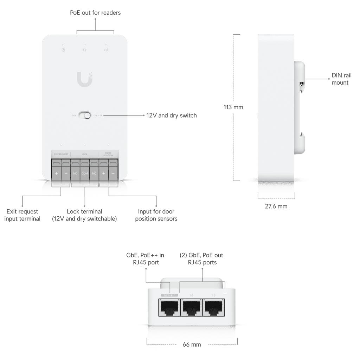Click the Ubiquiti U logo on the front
85,79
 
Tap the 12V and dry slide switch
85,115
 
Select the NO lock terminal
75,173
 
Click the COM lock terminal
85,173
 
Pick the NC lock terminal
94,173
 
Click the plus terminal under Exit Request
56,173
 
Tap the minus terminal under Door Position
113,173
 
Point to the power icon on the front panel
63,50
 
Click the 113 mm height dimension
233,107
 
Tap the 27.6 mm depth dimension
276,206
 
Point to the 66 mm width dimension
192,344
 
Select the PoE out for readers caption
95,13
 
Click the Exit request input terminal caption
22,215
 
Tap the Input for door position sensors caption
156,215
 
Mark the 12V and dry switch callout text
172,115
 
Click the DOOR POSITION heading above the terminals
108,154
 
